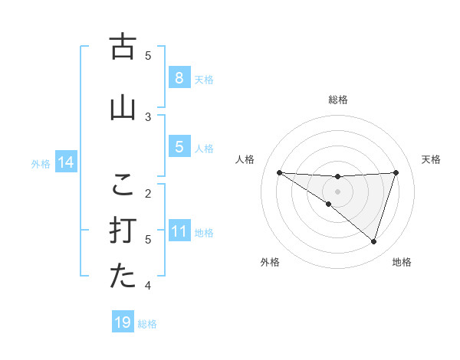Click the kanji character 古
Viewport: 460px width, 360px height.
[123, 47]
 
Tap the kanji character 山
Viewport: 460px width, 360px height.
[123, 108]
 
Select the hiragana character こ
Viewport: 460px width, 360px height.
[123, 185]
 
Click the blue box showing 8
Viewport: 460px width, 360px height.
[179, 78]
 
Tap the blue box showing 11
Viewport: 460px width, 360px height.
[179, 231]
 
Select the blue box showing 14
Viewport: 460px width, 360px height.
[66, 162]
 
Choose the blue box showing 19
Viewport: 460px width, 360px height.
[123, 322]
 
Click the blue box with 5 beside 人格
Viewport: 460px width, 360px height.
[179, 147]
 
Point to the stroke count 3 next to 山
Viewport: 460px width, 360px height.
[148, 116]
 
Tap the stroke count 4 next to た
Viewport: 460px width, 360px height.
[148, 286]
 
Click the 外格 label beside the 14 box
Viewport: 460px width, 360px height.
[41, 163]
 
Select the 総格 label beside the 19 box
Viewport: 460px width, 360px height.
[147, 323]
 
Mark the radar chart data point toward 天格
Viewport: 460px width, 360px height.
[396, 173]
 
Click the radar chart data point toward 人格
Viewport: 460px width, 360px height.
[279, 173]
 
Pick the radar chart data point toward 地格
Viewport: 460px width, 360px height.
[373, 242]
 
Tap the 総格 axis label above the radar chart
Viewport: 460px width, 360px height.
[337, 100]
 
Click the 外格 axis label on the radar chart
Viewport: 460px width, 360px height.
[270, 263]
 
